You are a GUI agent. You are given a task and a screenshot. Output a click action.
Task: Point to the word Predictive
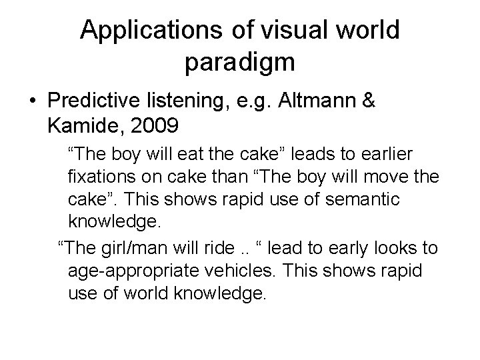pos(93,102)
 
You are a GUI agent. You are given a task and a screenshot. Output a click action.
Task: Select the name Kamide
pos(81,124)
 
